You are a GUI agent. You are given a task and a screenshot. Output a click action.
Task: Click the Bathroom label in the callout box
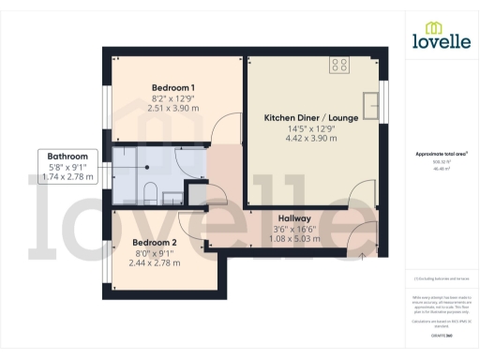[x=68, y=157]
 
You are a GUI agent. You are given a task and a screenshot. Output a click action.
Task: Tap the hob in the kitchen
[x=339, y=65]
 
